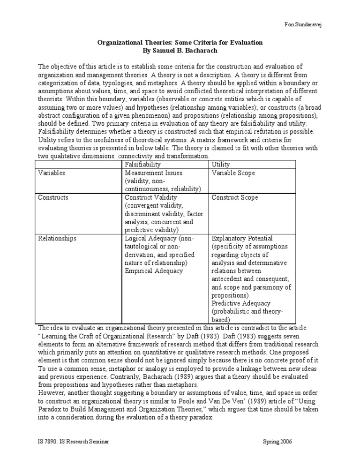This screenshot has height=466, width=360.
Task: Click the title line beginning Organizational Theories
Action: coord(180,42)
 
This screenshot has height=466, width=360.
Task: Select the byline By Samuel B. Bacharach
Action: coord(180,50)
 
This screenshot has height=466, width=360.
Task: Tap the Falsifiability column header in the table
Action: coord(142,165)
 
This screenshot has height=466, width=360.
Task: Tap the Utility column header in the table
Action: coord(221,165)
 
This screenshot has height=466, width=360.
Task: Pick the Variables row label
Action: coord(51,173)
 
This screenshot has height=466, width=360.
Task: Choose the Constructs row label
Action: coord(52,197)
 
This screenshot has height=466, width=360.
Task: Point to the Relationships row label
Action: coord(57,238)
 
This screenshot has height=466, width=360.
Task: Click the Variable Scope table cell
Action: coord(233,173)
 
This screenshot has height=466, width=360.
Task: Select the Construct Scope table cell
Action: coord(234,197)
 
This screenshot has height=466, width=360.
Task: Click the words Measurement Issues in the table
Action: coord(153,173)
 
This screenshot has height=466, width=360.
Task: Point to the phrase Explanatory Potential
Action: coord(242,238)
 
